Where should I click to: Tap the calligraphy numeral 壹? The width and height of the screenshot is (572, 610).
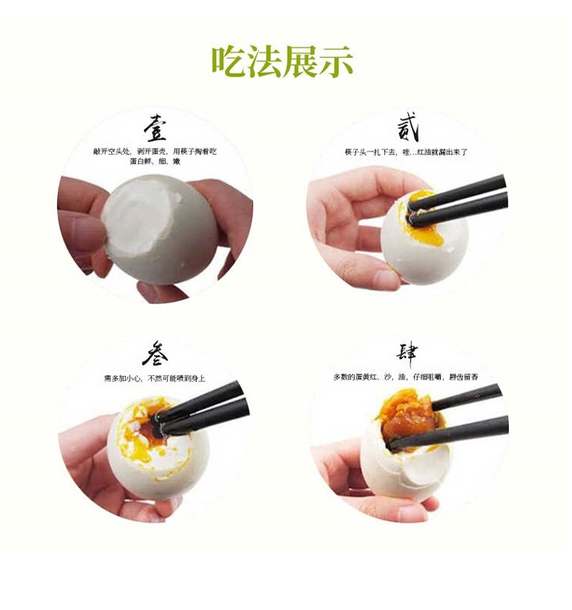(x=156, y=128)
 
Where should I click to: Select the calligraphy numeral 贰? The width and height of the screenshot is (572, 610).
(x=408, y=127)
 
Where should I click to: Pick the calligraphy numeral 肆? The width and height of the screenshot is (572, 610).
(x=407, y=355)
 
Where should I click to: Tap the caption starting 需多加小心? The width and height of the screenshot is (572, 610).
(x=155, y=379)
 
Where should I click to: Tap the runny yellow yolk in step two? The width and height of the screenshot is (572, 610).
(x=432, y=230)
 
